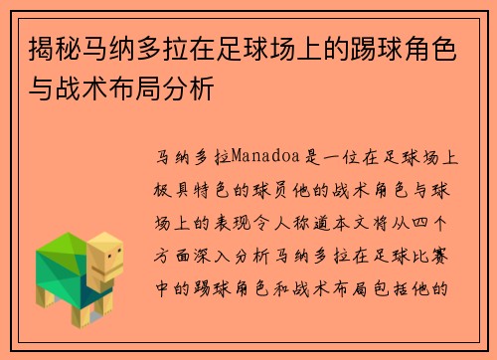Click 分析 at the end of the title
[x=197, y=90]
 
